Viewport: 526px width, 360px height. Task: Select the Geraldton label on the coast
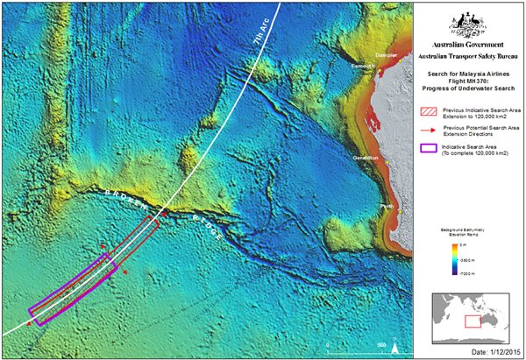click(x=366, y=158)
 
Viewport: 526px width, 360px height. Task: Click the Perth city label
click(x=386, y=207)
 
